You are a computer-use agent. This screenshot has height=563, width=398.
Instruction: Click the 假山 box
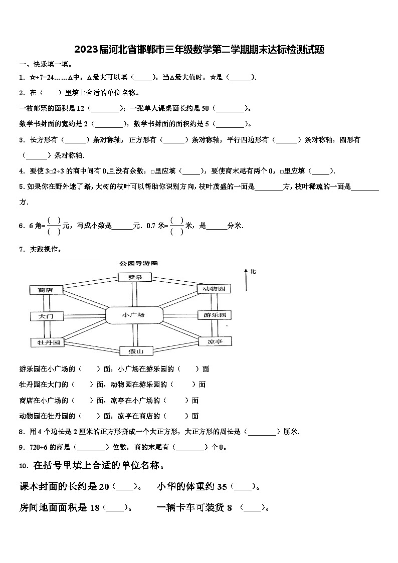[x=133, y=351]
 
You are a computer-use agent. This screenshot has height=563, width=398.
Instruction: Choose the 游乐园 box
[x=214, y=315]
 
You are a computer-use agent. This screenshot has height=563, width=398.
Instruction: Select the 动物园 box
[x=214, y=289]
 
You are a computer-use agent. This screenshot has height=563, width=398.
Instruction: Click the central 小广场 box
[x=134, y=315]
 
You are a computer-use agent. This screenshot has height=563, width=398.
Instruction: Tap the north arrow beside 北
[x=246, y=280]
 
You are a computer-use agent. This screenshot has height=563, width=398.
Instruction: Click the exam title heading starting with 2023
[x=199, y=50]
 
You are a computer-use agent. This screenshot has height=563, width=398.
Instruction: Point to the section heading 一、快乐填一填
[x=46, y=64]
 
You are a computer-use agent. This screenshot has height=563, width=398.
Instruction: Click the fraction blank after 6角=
[x=54, y=226]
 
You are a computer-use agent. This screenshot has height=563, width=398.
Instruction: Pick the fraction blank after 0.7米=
[x=176, y=226]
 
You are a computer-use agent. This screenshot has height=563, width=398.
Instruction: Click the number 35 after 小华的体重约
[x=222, y=486]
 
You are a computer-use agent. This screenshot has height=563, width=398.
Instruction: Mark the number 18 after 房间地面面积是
[x=95, y=507]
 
